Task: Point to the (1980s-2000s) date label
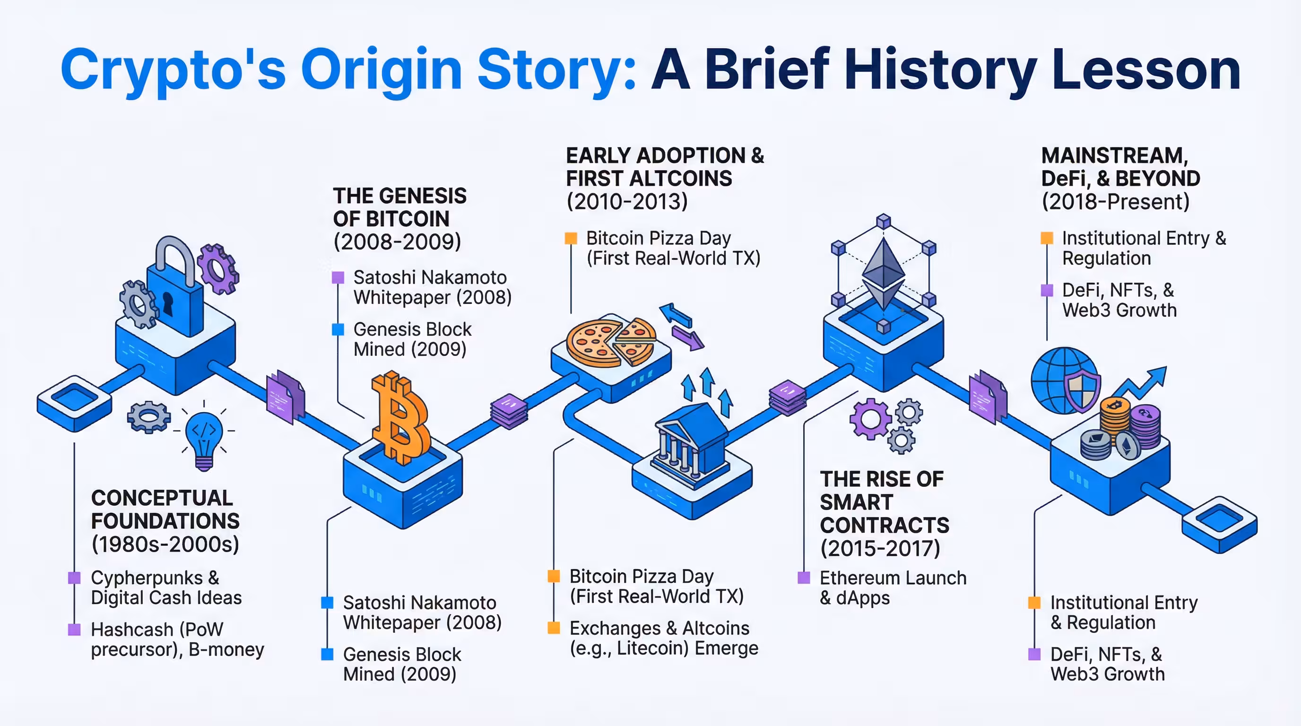pyautogui.click(x=165, y=544)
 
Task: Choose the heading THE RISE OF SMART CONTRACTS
pyautogui.click(x=884, y=502)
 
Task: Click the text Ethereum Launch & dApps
pyautogui.click(x=893, y=588)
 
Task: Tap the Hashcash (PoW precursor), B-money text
pyautogui.click(x=177, y=639)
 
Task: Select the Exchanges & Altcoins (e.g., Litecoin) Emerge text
pyautogui.click(x=664, y=638)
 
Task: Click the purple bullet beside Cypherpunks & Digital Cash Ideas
pyautogui.click(x=74, y=578)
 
